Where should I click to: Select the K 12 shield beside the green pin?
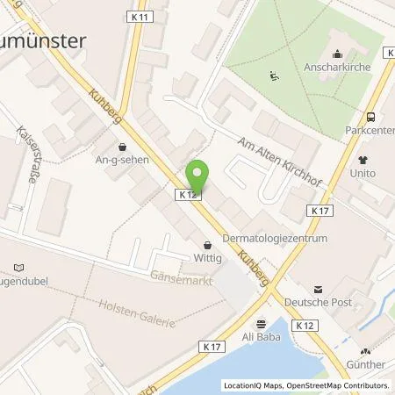186,195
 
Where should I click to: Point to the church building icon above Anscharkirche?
338,54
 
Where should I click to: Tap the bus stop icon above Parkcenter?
370,117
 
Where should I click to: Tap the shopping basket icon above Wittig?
207,245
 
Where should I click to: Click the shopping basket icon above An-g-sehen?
121,147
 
